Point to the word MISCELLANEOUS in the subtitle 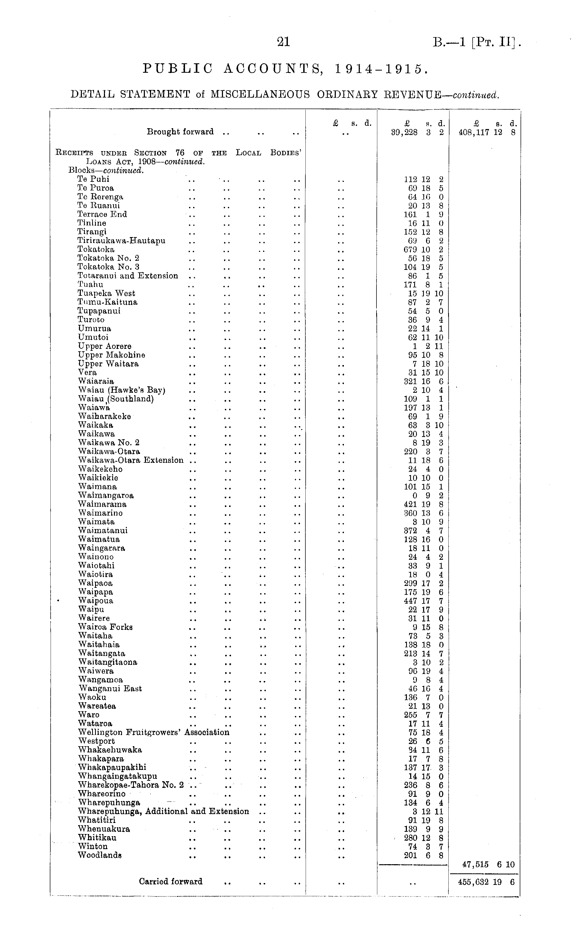point(260,94)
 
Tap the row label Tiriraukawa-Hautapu point(121,241)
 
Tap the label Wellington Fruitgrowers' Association point(154,732)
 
